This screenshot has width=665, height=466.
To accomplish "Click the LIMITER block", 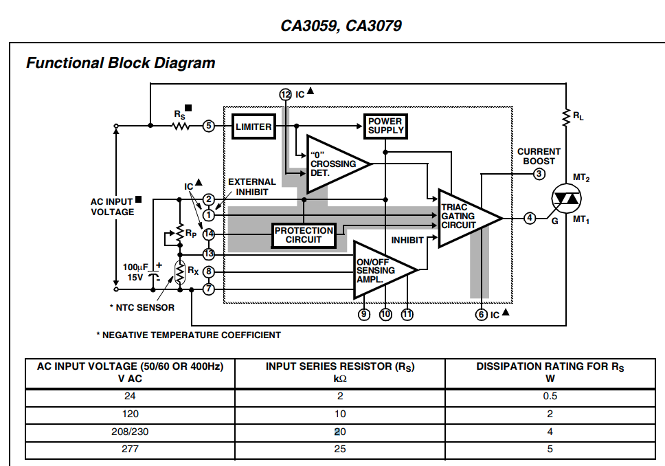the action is click(253, 126).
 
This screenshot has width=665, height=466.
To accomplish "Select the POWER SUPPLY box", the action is click(385, 126).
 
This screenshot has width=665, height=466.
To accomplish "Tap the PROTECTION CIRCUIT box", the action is click(304, 236).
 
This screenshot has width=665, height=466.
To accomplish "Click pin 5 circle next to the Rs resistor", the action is click(208, 126).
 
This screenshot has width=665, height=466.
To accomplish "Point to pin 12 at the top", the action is click(285, 95).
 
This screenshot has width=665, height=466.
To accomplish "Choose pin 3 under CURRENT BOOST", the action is click(539, 174).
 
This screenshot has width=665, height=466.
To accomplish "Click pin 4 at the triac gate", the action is click(530, 218).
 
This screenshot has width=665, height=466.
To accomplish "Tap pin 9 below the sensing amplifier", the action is click(364, 315).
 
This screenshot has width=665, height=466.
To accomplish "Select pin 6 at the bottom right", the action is click(481, 315).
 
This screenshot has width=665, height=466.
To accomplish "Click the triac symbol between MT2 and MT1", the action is click(566, 199).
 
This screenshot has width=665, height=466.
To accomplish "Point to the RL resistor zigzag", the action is click(566, 118).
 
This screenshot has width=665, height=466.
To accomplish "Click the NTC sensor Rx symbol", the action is click(180, 272).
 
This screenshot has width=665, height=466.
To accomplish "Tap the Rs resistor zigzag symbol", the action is click(181, 126).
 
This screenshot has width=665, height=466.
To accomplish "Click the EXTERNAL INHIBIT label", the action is click(252, 187).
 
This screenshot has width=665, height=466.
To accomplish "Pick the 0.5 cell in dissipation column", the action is click(550, 396).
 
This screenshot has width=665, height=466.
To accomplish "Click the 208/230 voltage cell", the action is click(130, 432).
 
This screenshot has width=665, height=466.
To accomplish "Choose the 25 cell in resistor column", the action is click(340, 449).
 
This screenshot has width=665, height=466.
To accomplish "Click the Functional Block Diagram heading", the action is click(120, 63).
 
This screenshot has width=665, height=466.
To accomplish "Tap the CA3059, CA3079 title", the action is click(341, 25).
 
